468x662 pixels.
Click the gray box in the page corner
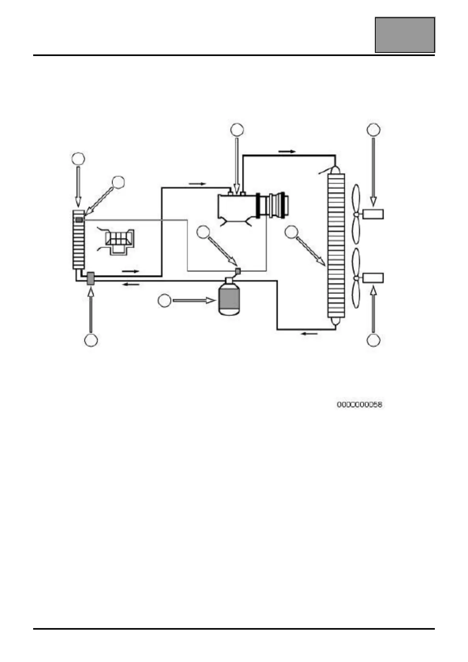(x=404, y=35)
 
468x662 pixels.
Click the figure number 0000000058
(x=359, y=404)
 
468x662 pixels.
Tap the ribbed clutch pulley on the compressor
(x=276, y=205)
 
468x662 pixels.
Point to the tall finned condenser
(x=336, y=247)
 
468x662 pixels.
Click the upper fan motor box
(x=373, y=214)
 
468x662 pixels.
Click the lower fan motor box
(x=373, y=278)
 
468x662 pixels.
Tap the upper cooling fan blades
(x=356, y=214)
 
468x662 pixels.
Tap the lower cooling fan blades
(x=356, y=278)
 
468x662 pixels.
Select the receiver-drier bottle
(x=229, y=299)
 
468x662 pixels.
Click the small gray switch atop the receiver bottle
(x=238, y=271)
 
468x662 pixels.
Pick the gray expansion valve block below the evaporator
(x=90, y=279)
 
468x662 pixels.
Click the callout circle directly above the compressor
(x=237, y=129)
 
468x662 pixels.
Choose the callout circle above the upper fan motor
(x=373, y=129)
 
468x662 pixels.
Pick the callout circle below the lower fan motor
(x=373, y=340)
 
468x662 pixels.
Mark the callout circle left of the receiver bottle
(x=165, y=301)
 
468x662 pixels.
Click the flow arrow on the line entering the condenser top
(x=287, y=151)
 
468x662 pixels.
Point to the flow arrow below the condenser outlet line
(x=309, y=334)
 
